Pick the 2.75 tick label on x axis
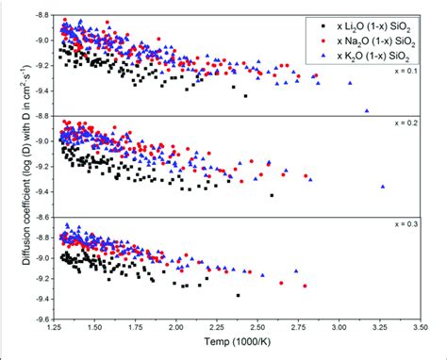click(x=296, y=326)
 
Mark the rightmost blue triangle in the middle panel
click(x=382, y=186)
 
